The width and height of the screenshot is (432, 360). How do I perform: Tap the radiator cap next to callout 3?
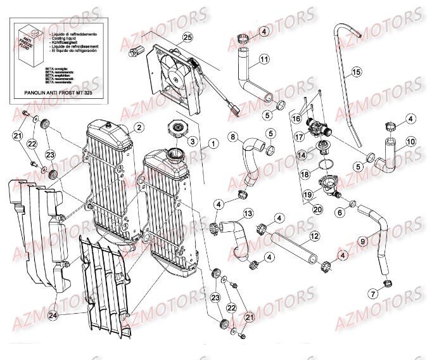click(x=175, y=130)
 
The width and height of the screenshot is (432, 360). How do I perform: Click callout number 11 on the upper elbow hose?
click(x=264, y=60)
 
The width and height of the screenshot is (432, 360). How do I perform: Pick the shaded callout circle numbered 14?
click(x=302, y=154)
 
